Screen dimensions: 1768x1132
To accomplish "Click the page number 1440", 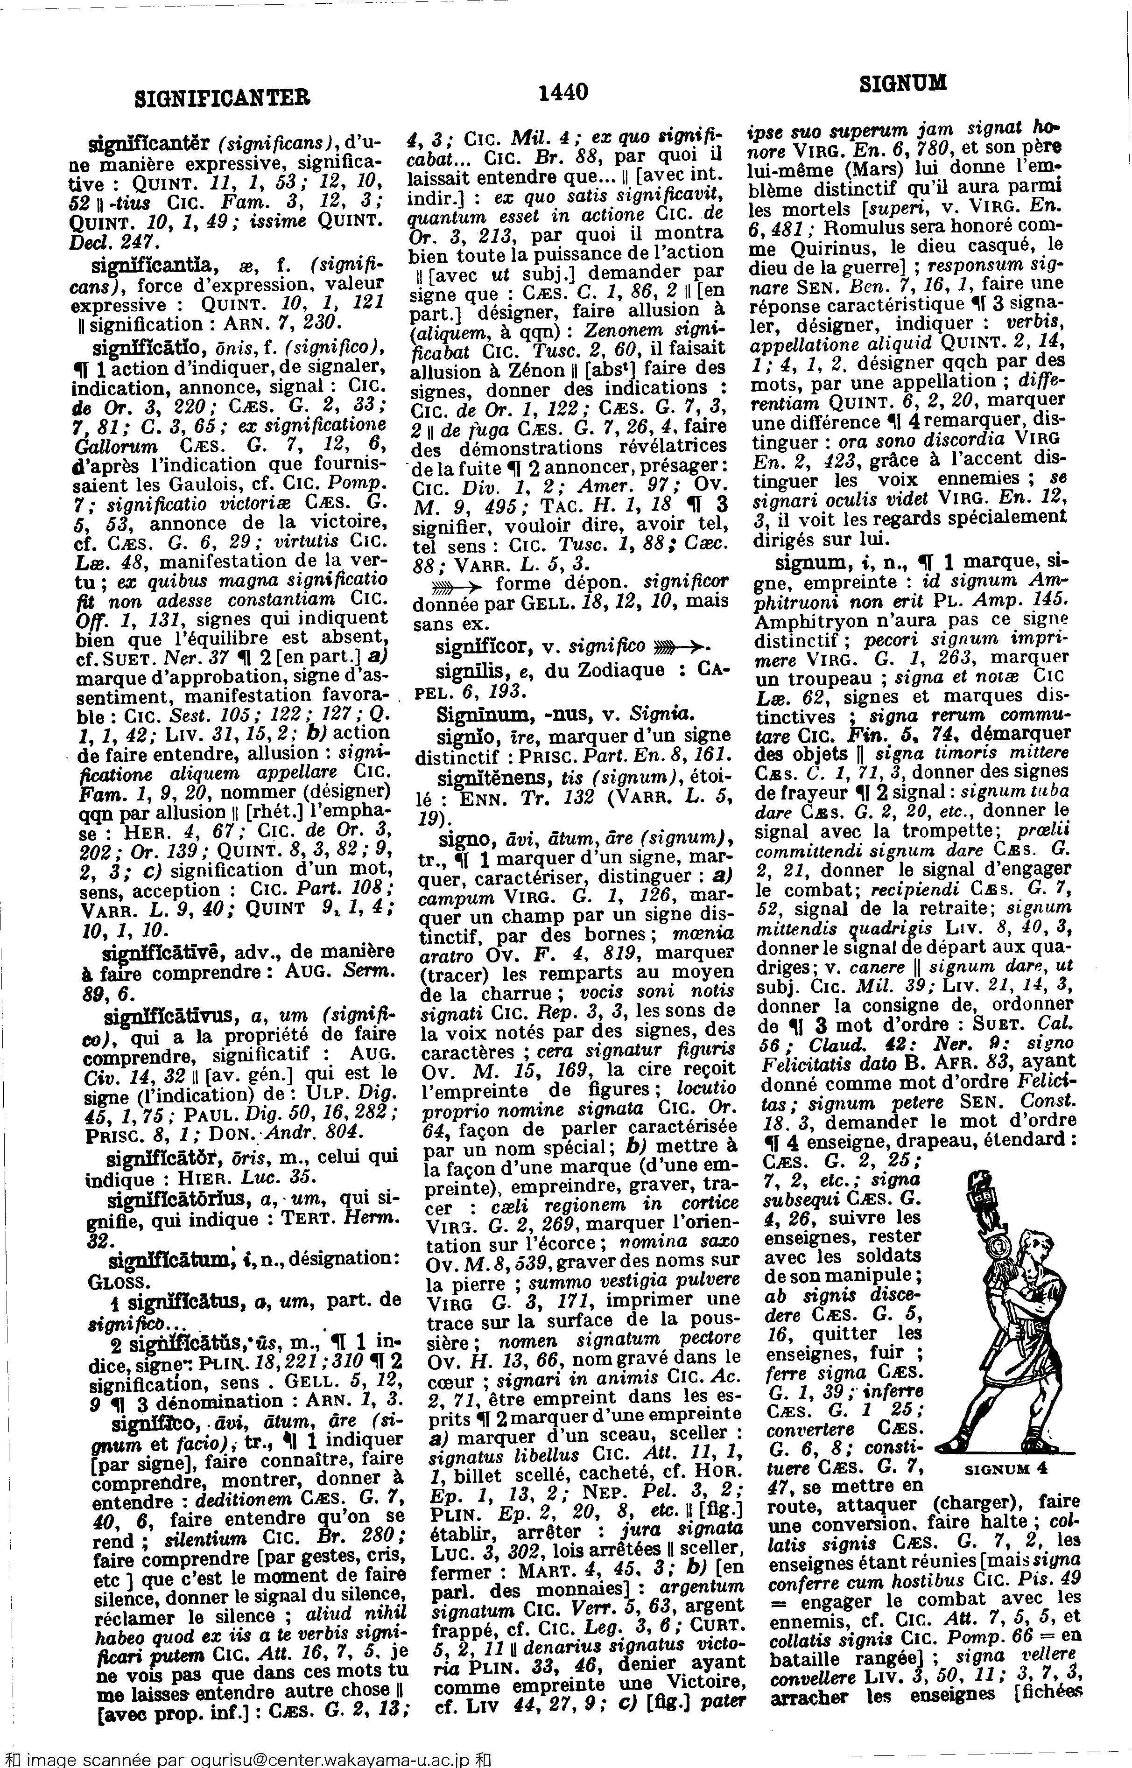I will tap(564, 92).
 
